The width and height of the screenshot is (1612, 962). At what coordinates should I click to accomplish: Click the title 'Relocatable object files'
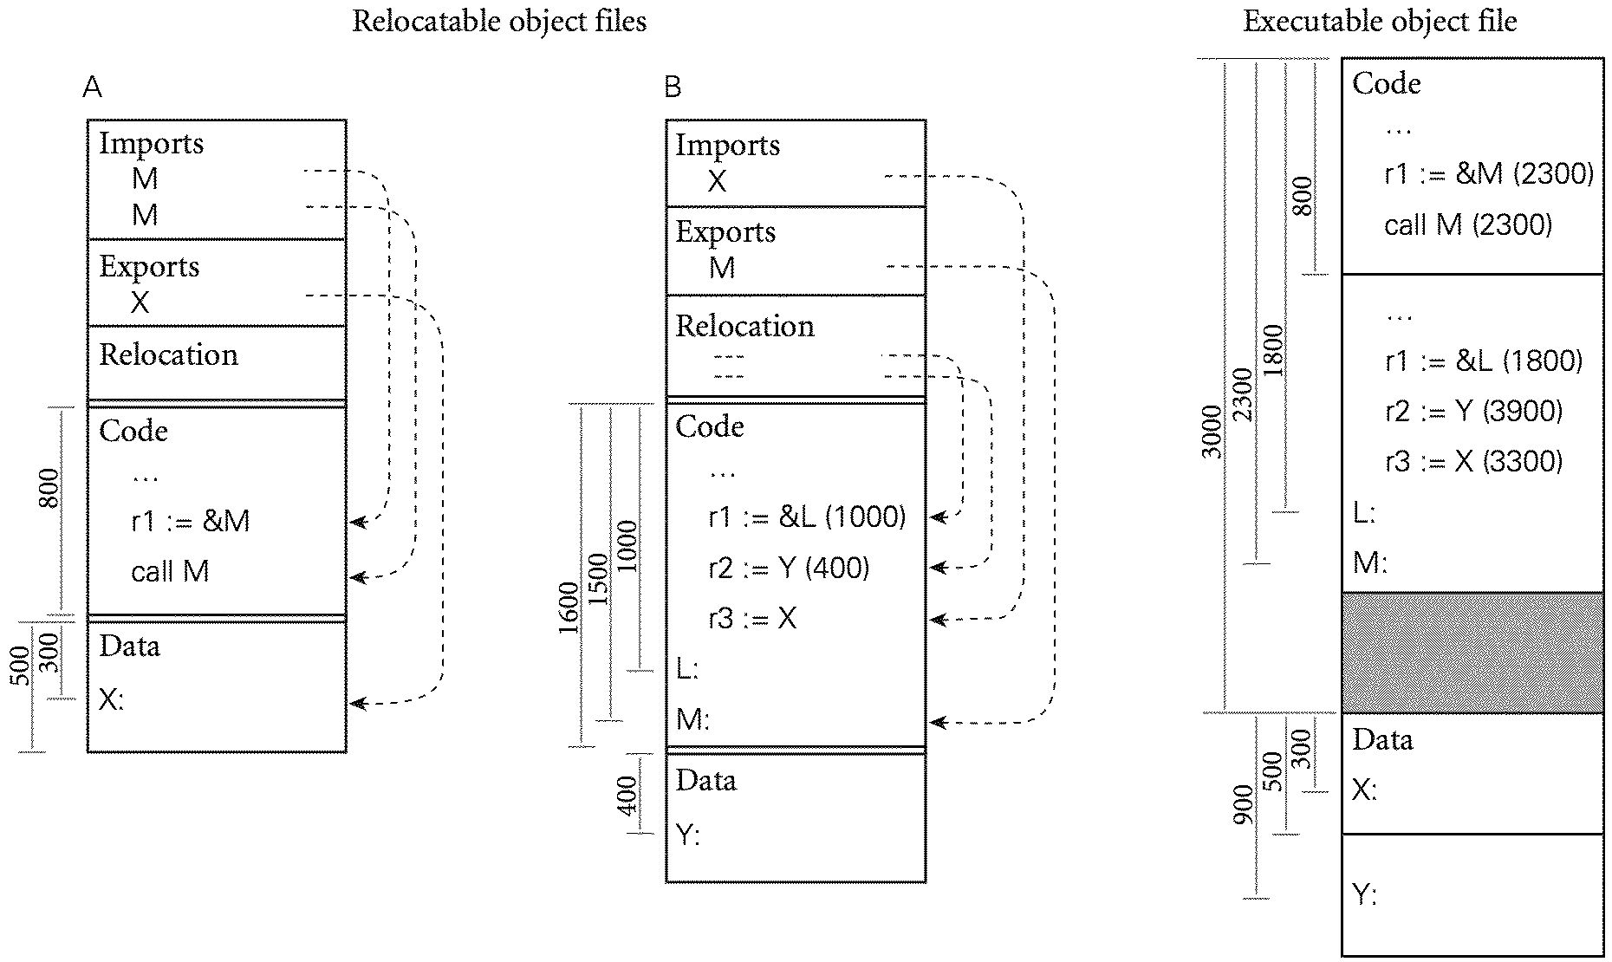click(x=499, y=22)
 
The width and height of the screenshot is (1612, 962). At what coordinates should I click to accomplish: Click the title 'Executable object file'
click(x=1380, y=22)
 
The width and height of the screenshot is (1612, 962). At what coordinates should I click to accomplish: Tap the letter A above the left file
click(x=92, y=88)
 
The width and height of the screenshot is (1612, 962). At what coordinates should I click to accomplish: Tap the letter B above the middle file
click(x=673, y=88)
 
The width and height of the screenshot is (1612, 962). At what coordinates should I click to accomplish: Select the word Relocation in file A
click(x=168, y=355)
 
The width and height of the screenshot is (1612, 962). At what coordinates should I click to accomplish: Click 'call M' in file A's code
click(x=170, y=572)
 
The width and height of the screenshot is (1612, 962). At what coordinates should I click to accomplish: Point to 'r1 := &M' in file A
click(x=191, y=521)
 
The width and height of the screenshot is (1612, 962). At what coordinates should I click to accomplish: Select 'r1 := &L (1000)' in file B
click(x=806, y=517)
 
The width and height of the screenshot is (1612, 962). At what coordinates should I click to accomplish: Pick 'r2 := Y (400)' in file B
click(x=789, y=569)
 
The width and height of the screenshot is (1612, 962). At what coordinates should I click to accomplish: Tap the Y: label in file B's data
click(x=687, y=835)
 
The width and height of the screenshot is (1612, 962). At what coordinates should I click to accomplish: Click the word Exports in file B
click(x=725, y=232)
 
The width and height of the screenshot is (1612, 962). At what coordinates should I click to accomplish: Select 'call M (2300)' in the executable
click(x=1468, y=225)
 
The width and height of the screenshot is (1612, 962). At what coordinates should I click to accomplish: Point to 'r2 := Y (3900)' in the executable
click(x=1473, y=411)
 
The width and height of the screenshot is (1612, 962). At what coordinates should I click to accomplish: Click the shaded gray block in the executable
click(x=1472, y=652)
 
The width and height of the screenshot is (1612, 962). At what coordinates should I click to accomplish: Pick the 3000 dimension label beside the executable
click(x=1212, y=431)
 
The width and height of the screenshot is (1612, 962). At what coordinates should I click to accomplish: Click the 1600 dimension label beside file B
click(x=569, y=608)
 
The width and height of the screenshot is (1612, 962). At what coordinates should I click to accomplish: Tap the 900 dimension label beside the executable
click(x=1243, y=804)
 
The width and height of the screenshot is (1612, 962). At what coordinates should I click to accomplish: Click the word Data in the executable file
click(x=1382, y=740)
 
